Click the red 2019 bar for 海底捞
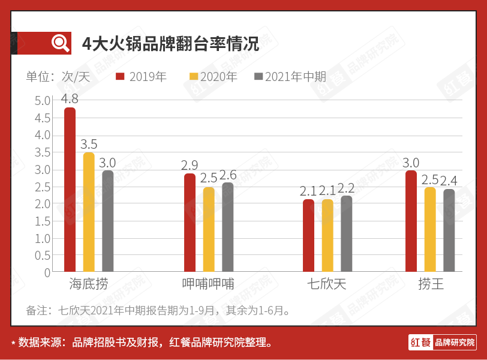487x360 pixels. (x=70, y=190)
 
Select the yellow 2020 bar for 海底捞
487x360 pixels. (x=89, y=212)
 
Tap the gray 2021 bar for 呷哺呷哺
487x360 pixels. (x=228, y=227)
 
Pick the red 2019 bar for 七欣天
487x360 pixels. (x=308, y=236)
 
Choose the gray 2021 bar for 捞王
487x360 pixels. (x=449, y=230)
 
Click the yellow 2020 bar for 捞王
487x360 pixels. (x=430, y=229)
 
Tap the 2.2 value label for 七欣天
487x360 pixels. (x=347, y=188)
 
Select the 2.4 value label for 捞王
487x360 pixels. (x=450, y=181)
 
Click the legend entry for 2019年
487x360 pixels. (x=142, y=77)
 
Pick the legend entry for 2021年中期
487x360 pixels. (x=290, y=77)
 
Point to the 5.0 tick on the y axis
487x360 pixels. (x=43, y=101)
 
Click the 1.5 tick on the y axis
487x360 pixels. (x=43, y=221)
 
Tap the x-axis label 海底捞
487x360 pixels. (x=89, y=284)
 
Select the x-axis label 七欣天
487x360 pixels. (x=327, y=284)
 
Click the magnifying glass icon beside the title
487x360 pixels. (x=61, y=43)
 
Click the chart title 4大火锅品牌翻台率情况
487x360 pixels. (x=171, y=44)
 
